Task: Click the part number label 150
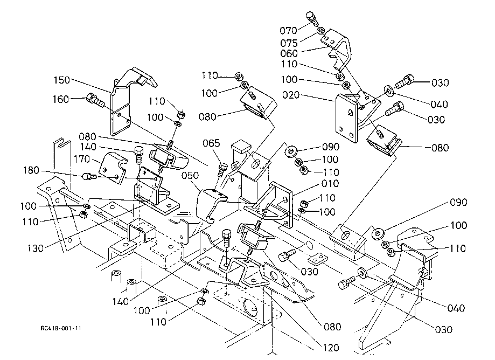[62, 80]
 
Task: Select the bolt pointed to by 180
[89, 176]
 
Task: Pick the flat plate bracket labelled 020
[345, 116]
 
